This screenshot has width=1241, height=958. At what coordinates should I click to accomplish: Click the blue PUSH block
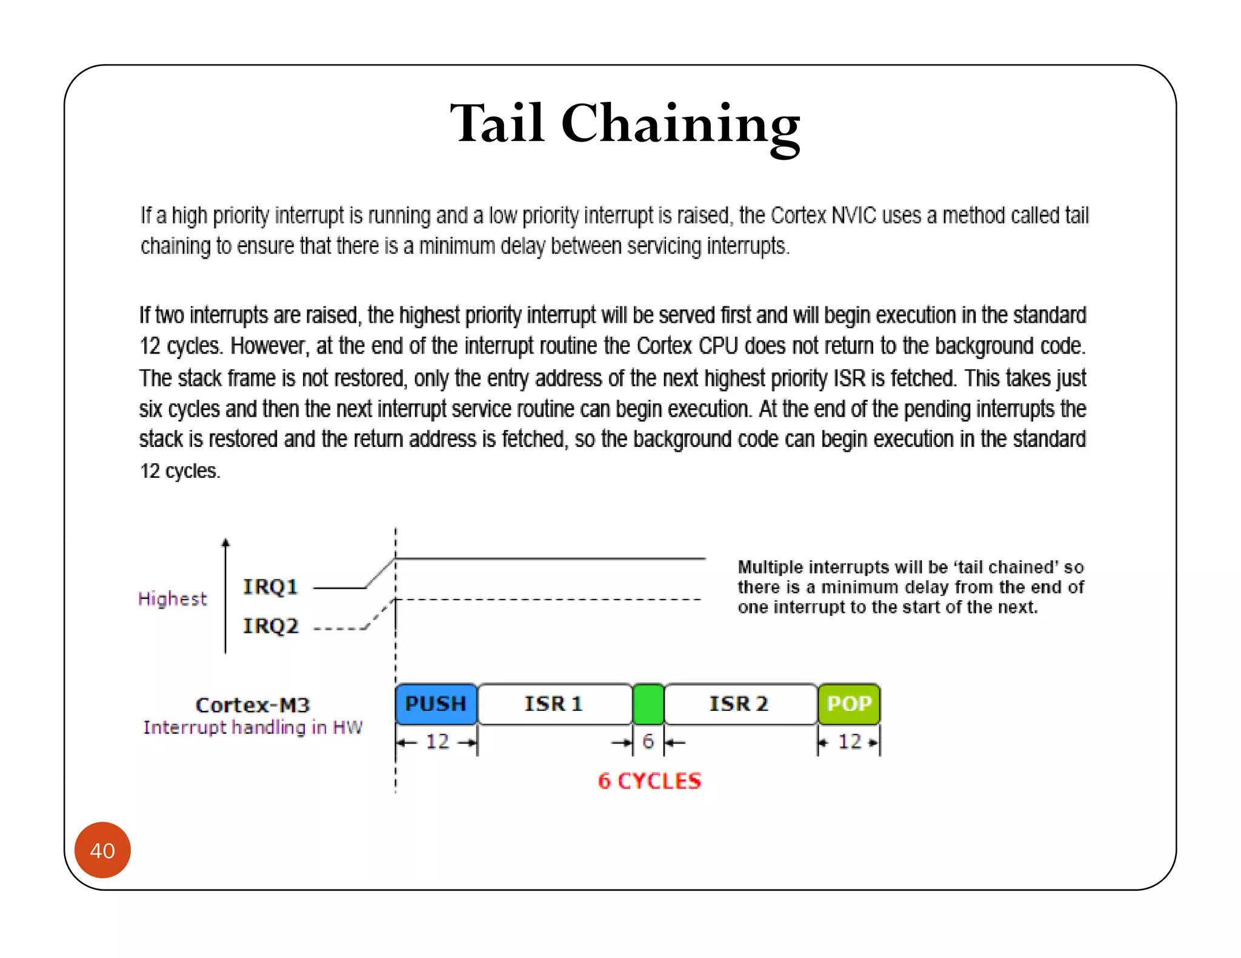[x=436, y=704]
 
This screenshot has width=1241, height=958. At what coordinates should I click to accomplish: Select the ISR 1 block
[x=554, y=704]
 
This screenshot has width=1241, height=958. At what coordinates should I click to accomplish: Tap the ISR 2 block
[x=739, y=704]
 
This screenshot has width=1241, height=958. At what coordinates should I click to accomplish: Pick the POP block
[x=849, y=704]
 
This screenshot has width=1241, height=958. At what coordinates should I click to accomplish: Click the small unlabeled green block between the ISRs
[x=648, y=704]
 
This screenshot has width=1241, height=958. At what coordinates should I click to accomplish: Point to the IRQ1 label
[x=270, y=587]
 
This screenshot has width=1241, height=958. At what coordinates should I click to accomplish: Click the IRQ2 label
[x=271, y=626]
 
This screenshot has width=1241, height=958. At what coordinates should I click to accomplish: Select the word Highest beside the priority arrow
[x=173, y=599]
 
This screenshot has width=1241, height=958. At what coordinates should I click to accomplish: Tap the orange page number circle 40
[x=102, y=850]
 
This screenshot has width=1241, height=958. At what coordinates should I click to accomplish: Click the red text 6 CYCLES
[x=649, y=781]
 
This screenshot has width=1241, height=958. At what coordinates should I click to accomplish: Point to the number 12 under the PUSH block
[x=438, y=742]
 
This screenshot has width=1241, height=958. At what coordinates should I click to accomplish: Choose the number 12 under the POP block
[x=850, y=742]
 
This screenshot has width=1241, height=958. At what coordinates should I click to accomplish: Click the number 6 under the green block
[x=648, y=742]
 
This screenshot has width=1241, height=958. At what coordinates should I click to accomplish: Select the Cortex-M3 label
[x=253, y=705]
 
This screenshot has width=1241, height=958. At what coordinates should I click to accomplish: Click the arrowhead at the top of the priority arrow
[x=225, y=543]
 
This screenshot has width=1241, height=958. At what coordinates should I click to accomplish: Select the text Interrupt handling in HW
[x=253, y=727]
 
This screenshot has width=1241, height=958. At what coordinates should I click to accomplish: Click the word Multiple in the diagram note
[x=770, y=567]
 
